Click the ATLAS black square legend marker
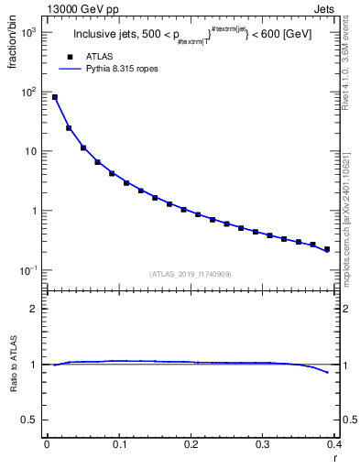click(70, 57)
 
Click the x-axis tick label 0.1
click(119, 444)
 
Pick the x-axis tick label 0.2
click(191, 444)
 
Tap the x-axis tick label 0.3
click(263, 444)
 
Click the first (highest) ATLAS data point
click(55, 97)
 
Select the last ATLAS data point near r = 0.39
click(327, 249)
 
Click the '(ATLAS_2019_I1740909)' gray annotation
click(191, 274)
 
